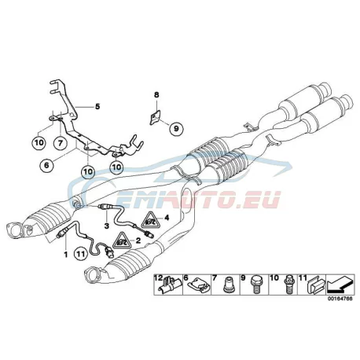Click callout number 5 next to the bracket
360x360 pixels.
pyautogui.click(x=97, y=107)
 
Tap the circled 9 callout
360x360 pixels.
pyautogui.click(x=176, y=128)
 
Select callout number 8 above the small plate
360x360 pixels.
pyautogui.click(x=156, y=95)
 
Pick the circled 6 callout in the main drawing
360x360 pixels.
pyautogui.click(x=46, y=165)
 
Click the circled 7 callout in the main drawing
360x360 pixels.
pyautogui.click(x=61, y=143)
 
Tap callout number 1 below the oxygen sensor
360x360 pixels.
pyautogui.click(x=65, y=254)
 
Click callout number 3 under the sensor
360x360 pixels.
pyautogui.click(x=107, y=226)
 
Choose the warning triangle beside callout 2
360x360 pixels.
pyautogui.click(x=123, y=240)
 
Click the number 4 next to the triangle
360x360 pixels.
pyautogui.click(x=167, y=218)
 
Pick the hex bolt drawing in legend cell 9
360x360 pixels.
pyautogui.click(x=255, y=285)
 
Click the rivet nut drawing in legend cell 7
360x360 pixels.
pyautogui.click(x=227, y=286)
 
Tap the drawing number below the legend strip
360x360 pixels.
pyautogui.click(x=340, y=299)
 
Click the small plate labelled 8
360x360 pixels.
pyautogui.click(x=156, y=117)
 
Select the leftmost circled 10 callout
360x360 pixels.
pyautogui.click(x=39, y=143)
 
